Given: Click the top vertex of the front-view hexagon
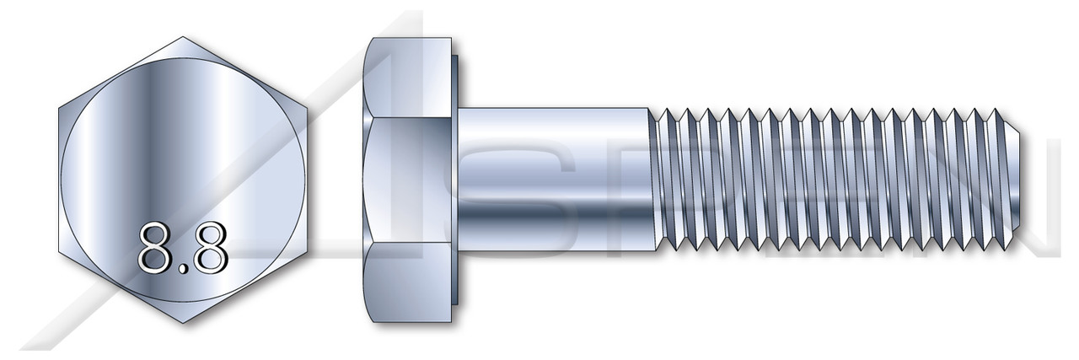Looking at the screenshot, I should pyautogui.click(x=183, y=37).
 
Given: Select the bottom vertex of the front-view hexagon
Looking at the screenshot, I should pyautogui.click(x=183, y=324).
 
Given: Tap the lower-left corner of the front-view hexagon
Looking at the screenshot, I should pyautogui.click(x=59, y=251).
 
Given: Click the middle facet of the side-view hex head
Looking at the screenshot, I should pyautogui.click(x=409, y=180).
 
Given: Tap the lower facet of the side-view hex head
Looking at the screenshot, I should pyautogui.click(x=409, y=282).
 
